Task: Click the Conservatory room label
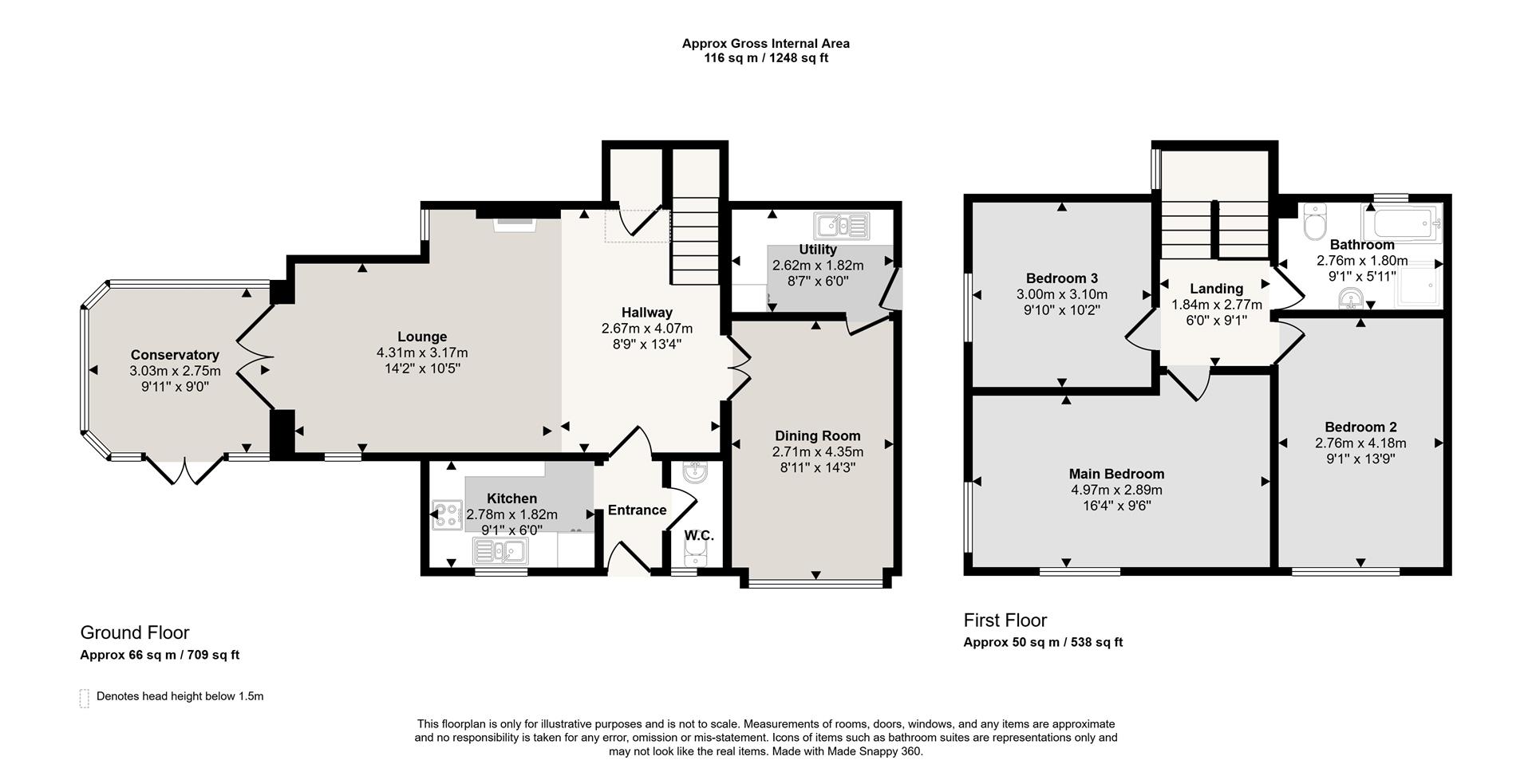pyautogui.click(x=175, y=355)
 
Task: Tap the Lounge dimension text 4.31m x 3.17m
pyautogui.click(x=422, y=353)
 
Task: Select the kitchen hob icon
pyautogui.click(x=447, y=515)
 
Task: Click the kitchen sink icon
pyautogui.click(x=499, y=550)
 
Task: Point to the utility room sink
pyautogui.click(x=841, y=226)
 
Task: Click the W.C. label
pyautogui.click(x=699, y=536)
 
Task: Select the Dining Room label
pyautogui.click(x=818, y=435)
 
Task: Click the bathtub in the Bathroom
pyautogui.click(x=1404, y=222)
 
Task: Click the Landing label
pyautogui.click(x=1217, y=289)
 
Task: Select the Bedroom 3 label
pyautogui.click(x=1062, y=278)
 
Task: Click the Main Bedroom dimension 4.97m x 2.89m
pyautogui.click(x=1116, y=490)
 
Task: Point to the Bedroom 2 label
pyautogui.click(x=1360, y=427)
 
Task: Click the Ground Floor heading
pyautogui.click(x=135, y=632)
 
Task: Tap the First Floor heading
pyautogui.click(x=1005, y=620)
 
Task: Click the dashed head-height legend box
pyautogui.click(x=85, y=698)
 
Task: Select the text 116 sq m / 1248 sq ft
pyautogui.click(x=766, y=58)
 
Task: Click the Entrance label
pyautogui.click(x=637, y=510)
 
